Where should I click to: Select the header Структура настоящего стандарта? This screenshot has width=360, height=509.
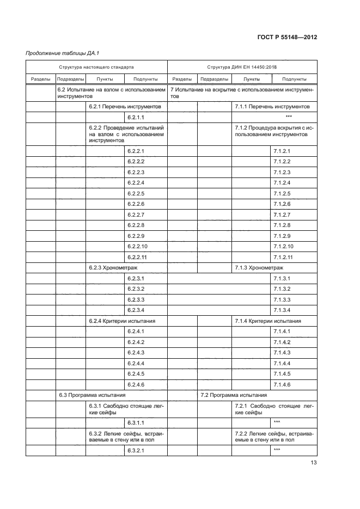click(x=96, y=67)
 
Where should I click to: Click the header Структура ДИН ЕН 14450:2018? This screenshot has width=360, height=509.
click(x=242, y=67)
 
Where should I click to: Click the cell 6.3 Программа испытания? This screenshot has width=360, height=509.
click(x=92, y=395)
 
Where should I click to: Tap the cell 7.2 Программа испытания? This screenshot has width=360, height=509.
click(x=234, y=395)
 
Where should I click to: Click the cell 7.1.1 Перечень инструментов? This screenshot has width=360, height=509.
click(x=272, y=107)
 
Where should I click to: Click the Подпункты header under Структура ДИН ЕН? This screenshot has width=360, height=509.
click(x=294, y=79)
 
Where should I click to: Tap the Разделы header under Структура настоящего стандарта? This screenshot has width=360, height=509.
click(x=41, y=79)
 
